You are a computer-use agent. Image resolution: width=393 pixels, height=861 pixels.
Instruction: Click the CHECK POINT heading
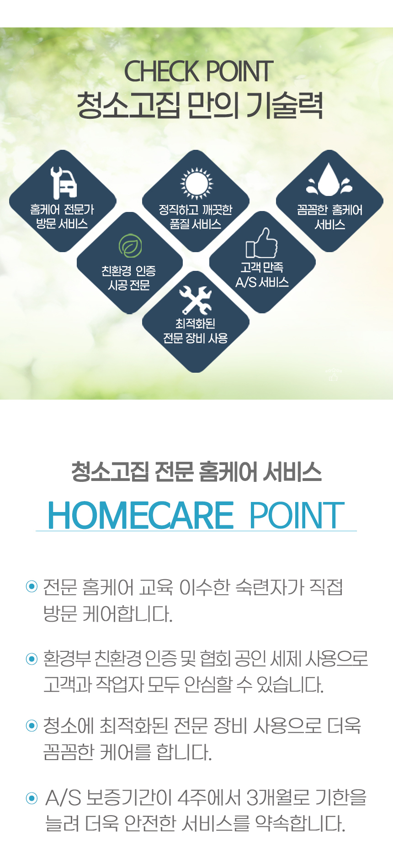pyautogui.click(x=199, y=71)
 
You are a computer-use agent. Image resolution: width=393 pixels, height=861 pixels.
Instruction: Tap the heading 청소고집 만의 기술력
pyautogui.click(x=200, y=106)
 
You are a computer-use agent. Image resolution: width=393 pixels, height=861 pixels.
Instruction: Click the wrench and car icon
pyautogui.click(x=64, y=182)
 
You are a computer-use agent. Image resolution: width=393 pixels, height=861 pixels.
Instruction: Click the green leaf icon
pyautogui.click(x=130, y=246)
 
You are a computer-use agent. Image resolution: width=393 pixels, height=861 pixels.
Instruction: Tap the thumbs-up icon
pyautogui.click(x=262, y=243)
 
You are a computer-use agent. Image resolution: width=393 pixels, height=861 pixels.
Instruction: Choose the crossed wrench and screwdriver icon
pyautogui.click(x=196, y=300)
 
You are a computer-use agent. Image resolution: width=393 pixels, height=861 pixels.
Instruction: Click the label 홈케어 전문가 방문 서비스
pyautogui.click(x=62, y=217)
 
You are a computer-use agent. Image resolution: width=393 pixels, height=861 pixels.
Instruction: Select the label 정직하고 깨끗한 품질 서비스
pyautogui.click(x=196, y=217)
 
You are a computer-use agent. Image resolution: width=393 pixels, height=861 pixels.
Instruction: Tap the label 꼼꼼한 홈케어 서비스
pyautogui.click(x=329, y=217)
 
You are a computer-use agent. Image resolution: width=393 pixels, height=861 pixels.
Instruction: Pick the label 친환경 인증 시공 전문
pyautogui.click(x=129, y=278)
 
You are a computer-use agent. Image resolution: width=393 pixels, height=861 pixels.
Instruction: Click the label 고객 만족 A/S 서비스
pyautogui.click(x=262, y=275)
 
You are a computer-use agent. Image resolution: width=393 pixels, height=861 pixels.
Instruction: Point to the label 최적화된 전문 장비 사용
pyautogui.click(x=196, y=331)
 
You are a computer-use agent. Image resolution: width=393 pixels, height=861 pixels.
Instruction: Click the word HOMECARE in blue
pyautogui.click(x=141, y=515)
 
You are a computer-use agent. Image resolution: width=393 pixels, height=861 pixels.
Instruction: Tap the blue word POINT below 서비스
pyautogui.click(x=297, y=515)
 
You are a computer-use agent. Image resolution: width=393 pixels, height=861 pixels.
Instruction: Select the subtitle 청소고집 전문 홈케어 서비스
pyautogui.click(x=196, y=472)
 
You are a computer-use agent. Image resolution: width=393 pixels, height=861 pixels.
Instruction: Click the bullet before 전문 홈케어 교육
pyautogui.click(x=32, y=586)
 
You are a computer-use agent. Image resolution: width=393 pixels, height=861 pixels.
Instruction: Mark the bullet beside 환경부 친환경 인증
pyautogui.click(x=32, y=659)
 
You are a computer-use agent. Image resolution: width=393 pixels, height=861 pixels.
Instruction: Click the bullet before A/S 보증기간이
pyautogui.click(x=32, y=798)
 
